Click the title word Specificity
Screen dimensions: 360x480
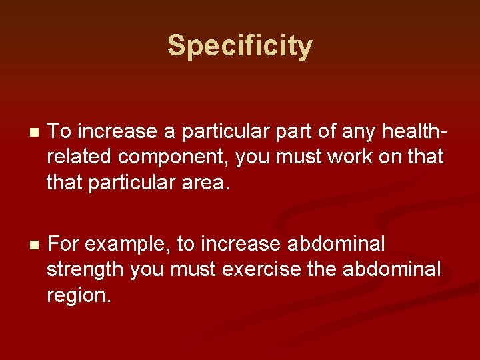click(239, 46)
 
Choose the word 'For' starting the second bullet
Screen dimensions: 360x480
click(63, 245)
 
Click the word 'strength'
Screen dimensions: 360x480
click(85, 269)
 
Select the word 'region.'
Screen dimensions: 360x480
click(79, 295)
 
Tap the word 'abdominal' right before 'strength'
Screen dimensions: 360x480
click(335, 245)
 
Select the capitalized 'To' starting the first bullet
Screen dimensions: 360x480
click(59, 131)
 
